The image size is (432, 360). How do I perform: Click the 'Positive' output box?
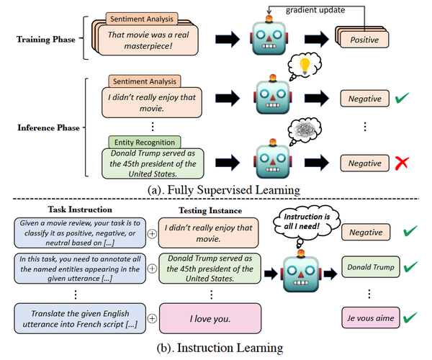point(364,40)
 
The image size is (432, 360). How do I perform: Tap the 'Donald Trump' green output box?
point(369,267)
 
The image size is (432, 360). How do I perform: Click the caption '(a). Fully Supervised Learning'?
point(216,189)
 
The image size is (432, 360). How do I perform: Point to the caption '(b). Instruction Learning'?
point(216,348)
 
